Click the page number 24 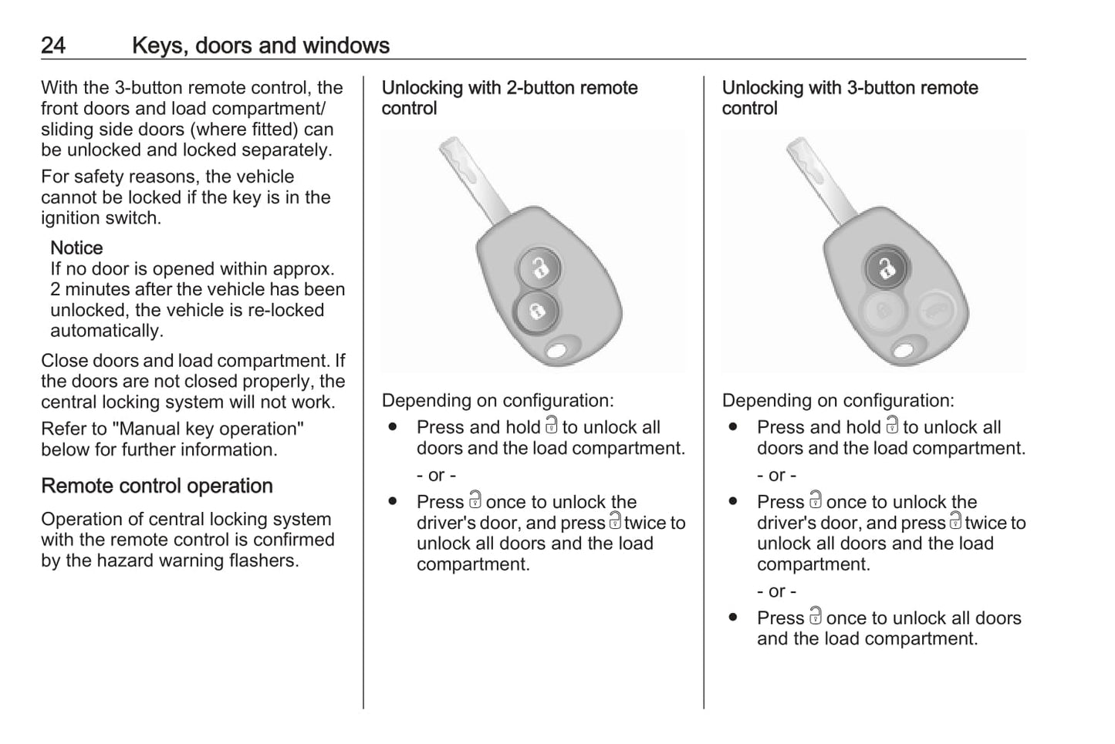pos(53,45)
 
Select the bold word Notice pos(76,248)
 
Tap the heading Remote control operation pos(157,486)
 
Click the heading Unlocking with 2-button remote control pos(509,98)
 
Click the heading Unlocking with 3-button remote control pos(850,98)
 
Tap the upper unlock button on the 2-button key pos(539,268)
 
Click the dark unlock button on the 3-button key pos(887,269)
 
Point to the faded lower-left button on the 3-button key pos(883,311)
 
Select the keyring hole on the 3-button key pos(904,352)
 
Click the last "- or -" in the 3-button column pos(776,592)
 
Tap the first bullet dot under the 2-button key pos(393,427)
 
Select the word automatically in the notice pos(106,332)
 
